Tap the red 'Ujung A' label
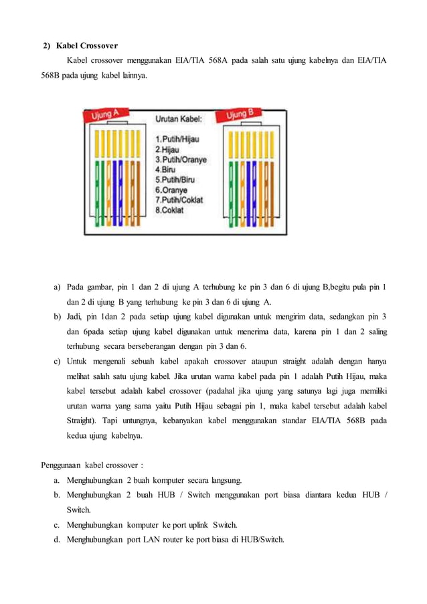pyautogui.click(x=105, y=116)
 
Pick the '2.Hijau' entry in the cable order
pyautogui.click(x=167, y=149)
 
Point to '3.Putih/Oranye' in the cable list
pyautogui.click(x=181, y=160)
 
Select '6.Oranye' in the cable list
pyautogui.click(x=171, y=190)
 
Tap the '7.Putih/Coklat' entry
pyautogui.click(x=179, y=200)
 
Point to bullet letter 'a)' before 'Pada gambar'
pyautogui.click(x=58, y=288)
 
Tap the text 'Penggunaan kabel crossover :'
pyautogui.click(x=92, y=465)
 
